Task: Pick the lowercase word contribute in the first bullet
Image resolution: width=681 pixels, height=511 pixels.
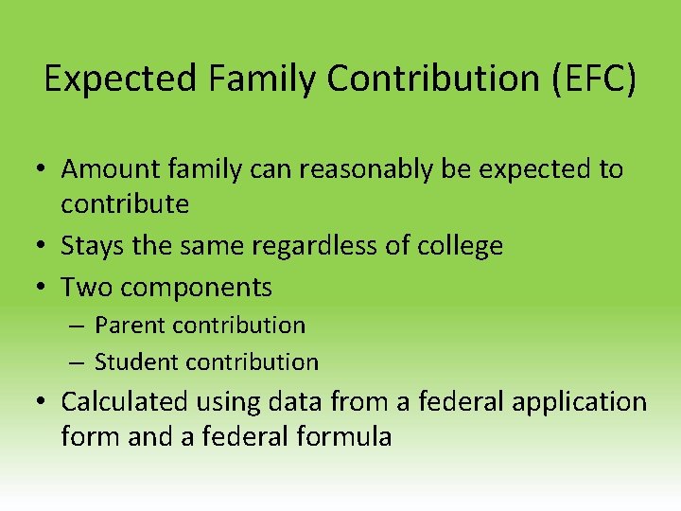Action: tap(125, 203)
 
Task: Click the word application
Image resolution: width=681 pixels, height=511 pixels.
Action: tap(579, 403)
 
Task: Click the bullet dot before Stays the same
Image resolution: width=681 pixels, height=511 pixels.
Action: tap(44, 247)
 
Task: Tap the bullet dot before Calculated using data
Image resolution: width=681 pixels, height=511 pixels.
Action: tap(44, 402)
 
